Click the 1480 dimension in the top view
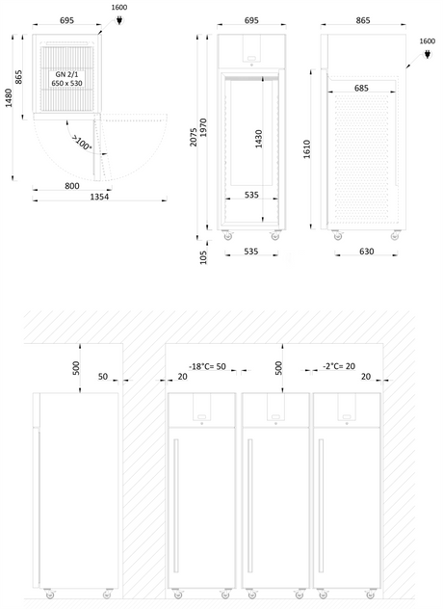coord(9,97)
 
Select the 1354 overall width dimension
coord(99,197)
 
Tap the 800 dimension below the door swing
coord(72,186)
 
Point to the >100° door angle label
coord(82,144)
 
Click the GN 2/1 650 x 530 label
coord(66,78)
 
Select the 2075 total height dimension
coord(194,137)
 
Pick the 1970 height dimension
coord(203,127)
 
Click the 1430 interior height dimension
coord(259,139)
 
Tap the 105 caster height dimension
coord(203,257)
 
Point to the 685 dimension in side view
coord(361,88)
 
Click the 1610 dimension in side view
coord(306,148)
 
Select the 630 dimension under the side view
coord(367,252)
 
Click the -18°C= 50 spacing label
coord(207,366)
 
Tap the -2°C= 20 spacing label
coord(339,366)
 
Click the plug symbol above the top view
coord(119,20)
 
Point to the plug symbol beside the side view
coord(427,54)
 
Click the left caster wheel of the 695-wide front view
coord(228,235)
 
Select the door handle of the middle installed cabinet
coord(250,505)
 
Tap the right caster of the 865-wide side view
coord(395,235)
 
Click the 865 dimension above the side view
coord(363,20)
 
